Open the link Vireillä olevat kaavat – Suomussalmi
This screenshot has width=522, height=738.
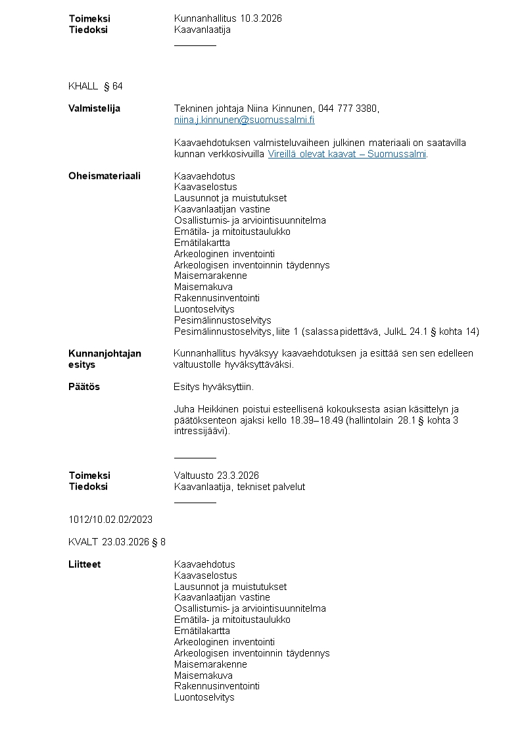pos(347,154)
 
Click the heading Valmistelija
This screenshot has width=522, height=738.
pos(94,109)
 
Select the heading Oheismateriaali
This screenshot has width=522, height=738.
pos(104,176)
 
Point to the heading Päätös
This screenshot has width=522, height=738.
pos(84,387)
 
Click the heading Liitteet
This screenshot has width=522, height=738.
pos(84,564)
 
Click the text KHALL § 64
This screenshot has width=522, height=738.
pos(95,86)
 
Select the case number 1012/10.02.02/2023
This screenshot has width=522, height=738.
pos(110,520)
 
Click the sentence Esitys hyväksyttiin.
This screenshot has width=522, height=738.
pos(213,387)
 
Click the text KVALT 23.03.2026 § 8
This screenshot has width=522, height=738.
pos(117,542)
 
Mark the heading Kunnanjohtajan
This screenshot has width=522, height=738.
pos(105,353)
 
